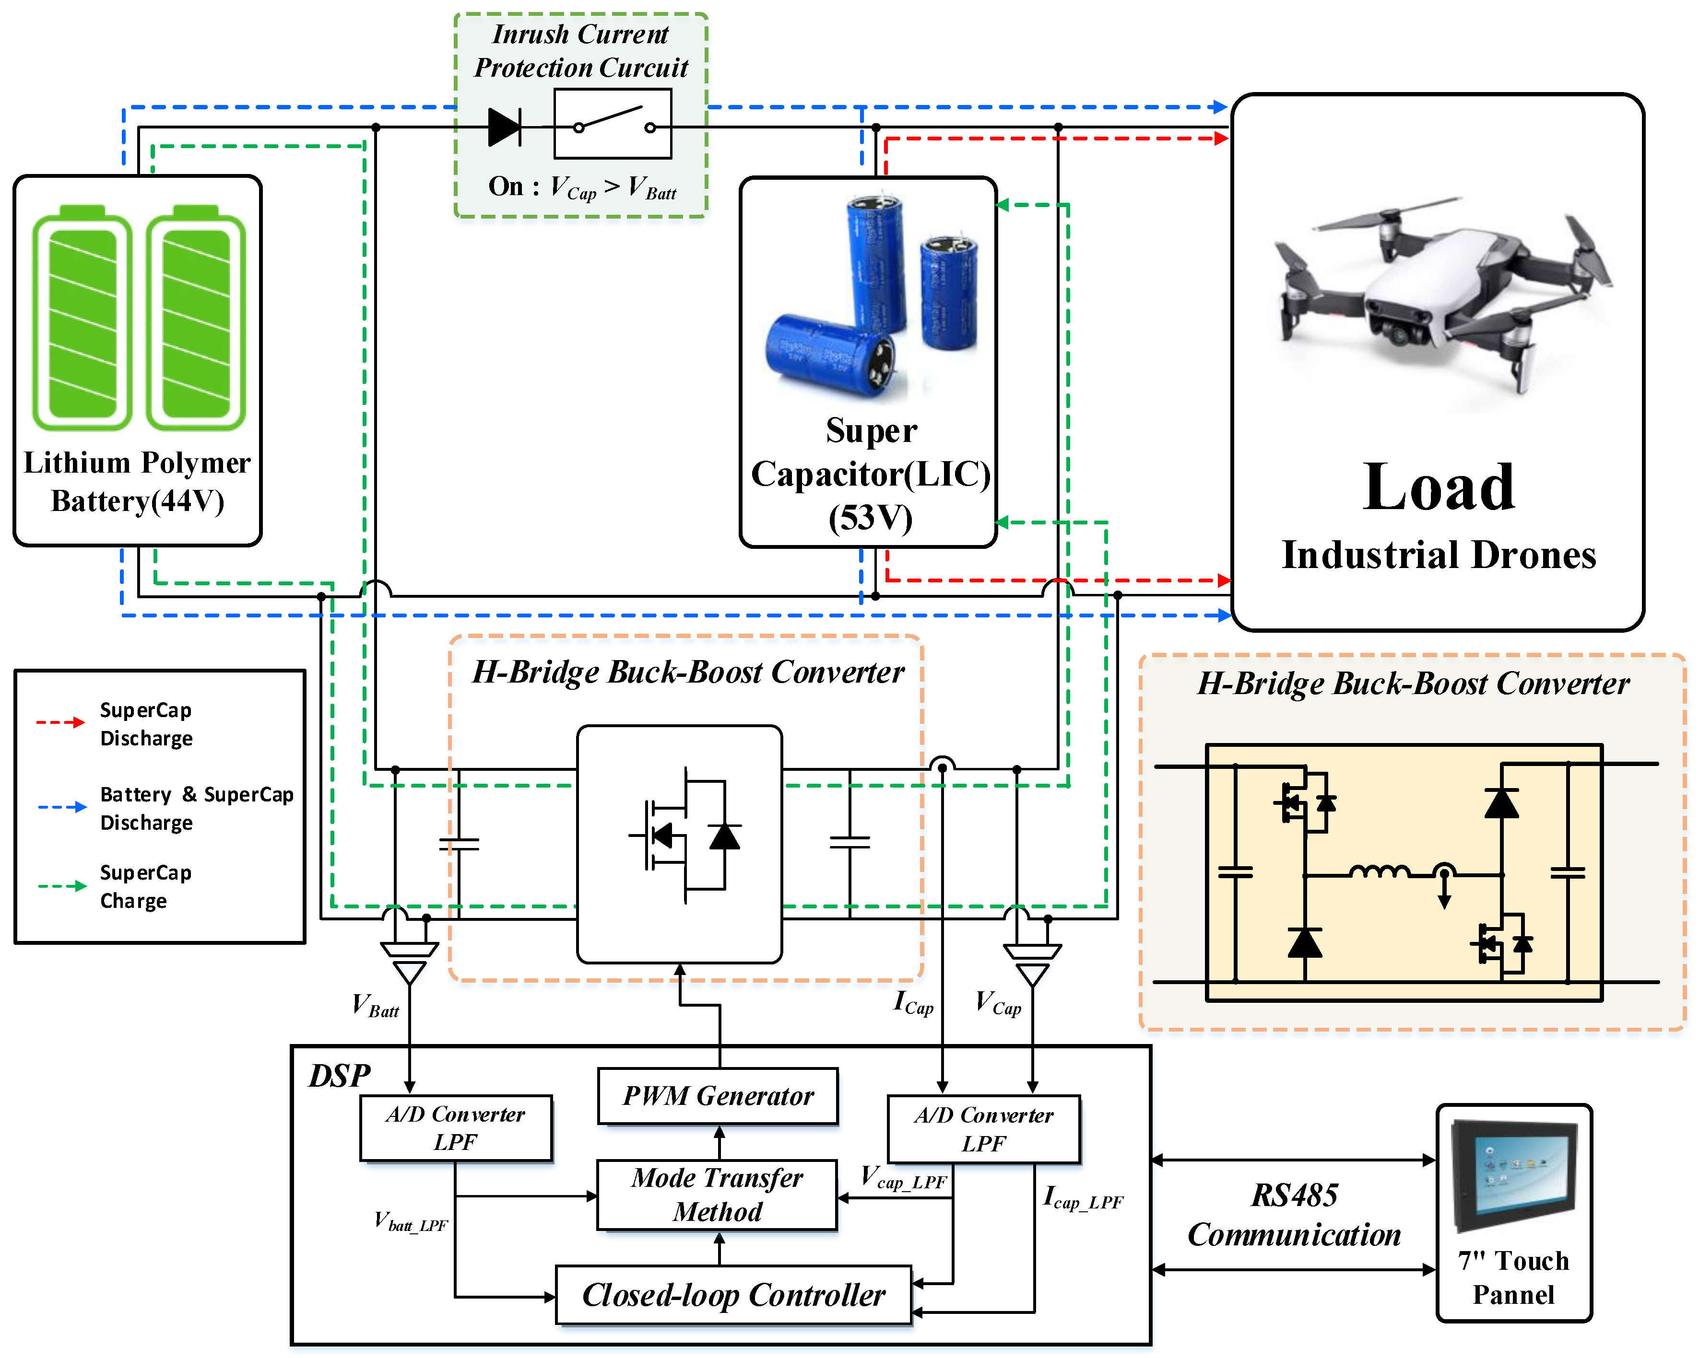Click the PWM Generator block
coord(717,1096)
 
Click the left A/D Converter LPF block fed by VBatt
coord(456,1128)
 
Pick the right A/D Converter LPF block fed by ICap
coord(983,1129)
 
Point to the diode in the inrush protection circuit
coord(504,127)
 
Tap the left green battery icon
coord(82,319)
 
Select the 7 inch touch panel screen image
coord(1513,1173)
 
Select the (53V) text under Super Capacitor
coord(870,518)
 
